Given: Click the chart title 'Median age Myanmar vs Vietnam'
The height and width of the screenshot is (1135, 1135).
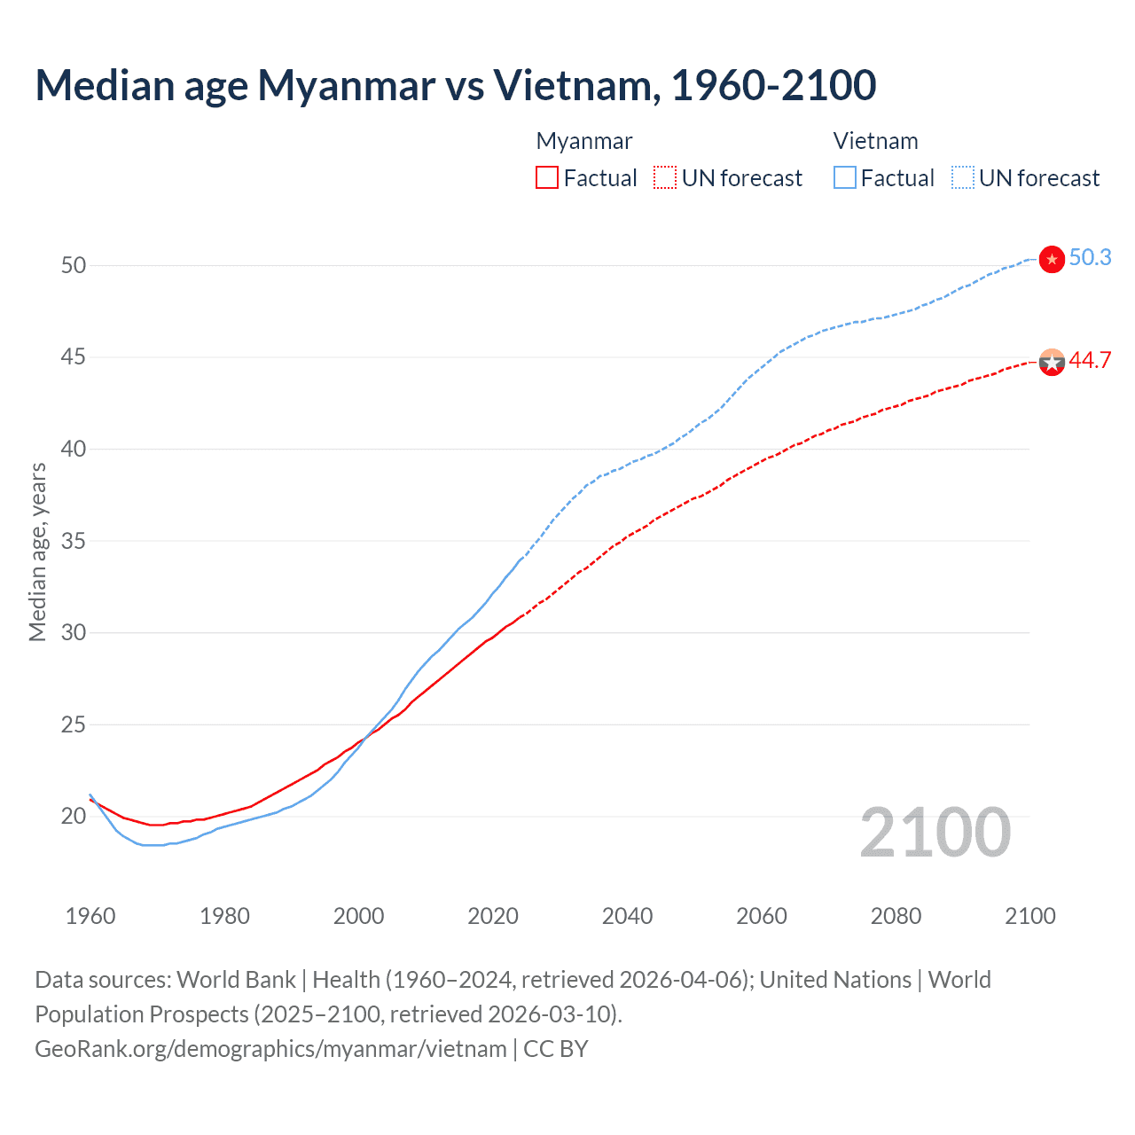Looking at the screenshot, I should click(x=456, y=85).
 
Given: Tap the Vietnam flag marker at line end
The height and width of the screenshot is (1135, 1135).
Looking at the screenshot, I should click(x=1052, y=259).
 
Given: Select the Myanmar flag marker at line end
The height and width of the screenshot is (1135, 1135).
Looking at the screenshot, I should click(x=1052, y=362).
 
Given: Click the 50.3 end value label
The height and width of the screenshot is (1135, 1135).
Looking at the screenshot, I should click(x=1090, y=257).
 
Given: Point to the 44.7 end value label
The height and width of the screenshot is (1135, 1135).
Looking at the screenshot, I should click(x=1090, y=360).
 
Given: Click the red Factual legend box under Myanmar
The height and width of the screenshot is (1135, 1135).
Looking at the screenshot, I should click(x=547, y=178).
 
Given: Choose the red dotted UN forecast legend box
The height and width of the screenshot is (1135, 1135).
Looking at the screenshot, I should click(x=665, y=178).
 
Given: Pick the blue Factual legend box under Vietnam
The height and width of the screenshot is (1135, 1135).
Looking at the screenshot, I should click(x=845, y=178).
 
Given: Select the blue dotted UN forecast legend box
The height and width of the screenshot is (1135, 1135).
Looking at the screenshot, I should click(x=963, y=178).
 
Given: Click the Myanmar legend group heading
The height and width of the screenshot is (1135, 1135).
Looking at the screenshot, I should click(x=584, y=141).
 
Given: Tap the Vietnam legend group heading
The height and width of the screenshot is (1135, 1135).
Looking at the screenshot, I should click(x=875, y=141).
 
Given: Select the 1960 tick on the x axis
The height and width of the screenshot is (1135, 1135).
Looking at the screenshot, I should click(x=90, y=916).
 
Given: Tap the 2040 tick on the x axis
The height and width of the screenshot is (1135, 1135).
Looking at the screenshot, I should click(x=627, y=916).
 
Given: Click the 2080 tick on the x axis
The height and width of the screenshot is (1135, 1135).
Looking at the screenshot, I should click(x=896, y=916).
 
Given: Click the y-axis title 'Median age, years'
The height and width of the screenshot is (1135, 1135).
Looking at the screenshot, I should click(x=37, y=552).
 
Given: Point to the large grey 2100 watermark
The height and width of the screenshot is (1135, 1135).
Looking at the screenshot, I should click(x=935, y=833).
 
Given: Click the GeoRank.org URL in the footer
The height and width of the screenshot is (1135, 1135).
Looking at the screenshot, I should click(x=270, y=1049).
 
